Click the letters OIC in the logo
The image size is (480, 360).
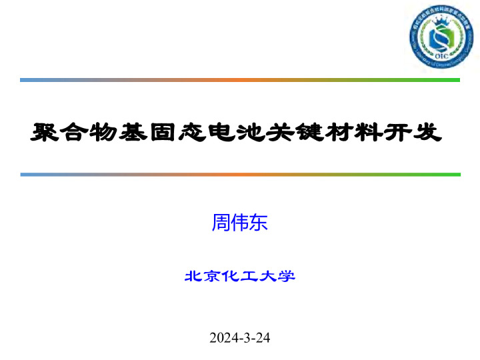[441, 56]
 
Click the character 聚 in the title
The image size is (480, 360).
[44, 132]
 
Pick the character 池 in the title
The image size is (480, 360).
[251, 132]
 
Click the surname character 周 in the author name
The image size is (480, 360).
[221, 223]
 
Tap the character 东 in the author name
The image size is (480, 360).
[259, 223]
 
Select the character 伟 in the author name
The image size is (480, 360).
[239, 223]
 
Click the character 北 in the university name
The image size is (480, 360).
[193, 276]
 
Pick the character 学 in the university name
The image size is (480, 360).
[287, 276]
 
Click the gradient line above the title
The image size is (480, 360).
[240, 80]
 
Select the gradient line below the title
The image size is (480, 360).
[240, 175]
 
